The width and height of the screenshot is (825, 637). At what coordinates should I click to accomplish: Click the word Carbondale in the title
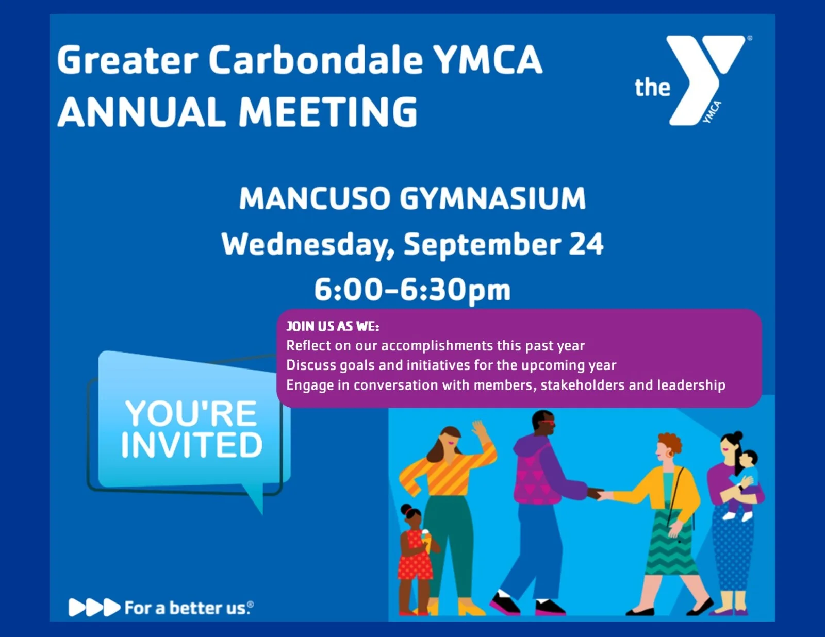(316, 60)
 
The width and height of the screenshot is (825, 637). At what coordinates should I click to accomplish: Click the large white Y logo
(705, 80)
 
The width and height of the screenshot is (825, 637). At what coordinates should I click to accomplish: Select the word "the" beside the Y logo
(652, 87)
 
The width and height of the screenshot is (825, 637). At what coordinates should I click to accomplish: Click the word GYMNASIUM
(493, 198)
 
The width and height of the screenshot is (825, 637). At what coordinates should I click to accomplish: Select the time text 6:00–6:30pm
(412, 290)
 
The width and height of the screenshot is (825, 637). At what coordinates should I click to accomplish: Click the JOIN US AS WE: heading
(333, 327)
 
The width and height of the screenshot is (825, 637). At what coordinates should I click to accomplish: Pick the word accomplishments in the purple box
(451, 346)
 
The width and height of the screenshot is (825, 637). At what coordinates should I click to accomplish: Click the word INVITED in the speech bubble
(192, 445)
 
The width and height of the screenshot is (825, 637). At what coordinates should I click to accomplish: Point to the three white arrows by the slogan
(94, 608)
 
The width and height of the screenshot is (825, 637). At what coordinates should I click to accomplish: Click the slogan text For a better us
(189, 608)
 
